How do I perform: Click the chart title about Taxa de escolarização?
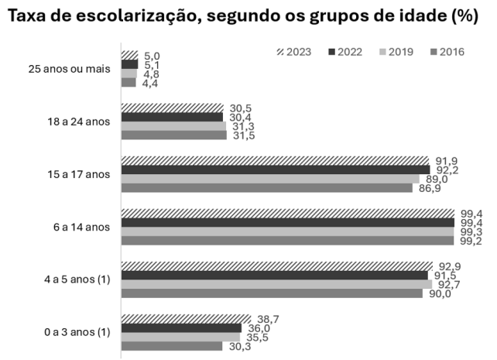[x=248, y=15]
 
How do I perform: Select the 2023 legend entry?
[x=294, y=52]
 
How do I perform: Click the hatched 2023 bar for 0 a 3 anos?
[x=186, y=318]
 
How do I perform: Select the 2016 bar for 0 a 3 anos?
[x=172, y=346]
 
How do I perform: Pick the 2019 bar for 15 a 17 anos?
[x=269, y=179]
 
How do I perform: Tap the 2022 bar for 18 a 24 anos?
[x=172, y=117]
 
